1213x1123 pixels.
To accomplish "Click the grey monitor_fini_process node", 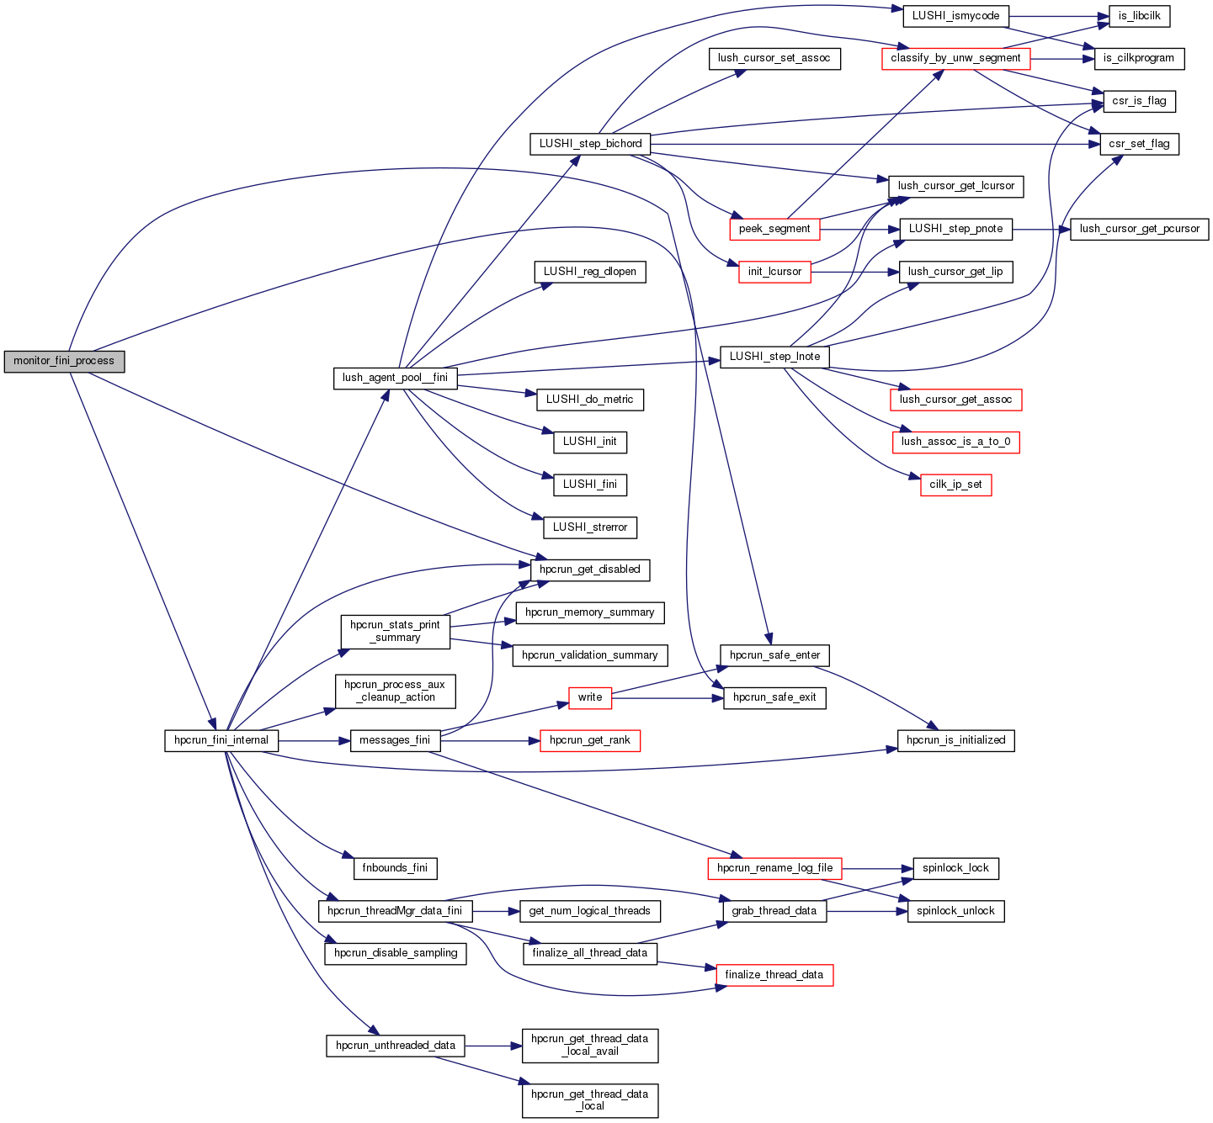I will tap(64, 362).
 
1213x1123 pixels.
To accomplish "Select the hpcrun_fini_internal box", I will tap(221, 741).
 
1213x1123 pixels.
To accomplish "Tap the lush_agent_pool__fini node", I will tap(395, 378).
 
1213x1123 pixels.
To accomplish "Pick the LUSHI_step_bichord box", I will tap(590, 144).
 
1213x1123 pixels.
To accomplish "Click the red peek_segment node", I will tap(774, 229).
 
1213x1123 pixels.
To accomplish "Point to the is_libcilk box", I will tap(1139, 16).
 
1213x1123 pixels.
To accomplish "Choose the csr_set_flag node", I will tap(1139, 144).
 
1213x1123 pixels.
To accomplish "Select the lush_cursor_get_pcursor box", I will tap(1139, 229).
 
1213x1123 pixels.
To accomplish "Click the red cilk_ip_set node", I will tap(955, 485).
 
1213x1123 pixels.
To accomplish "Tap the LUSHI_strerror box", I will tap(590, 527).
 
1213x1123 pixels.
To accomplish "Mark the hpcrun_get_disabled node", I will tap(590, 569).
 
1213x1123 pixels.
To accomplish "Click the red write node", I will tap(590, 697).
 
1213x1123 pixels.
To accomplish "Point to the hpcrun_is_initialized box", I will tap(955, 740).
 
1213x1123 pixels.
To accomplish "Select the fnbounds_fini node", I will tap(395, 868).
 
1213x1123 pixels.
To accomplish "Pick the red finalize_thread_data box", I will tap(774, 975).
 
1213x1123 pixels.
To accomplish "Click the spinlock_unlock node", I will tap(955, 911).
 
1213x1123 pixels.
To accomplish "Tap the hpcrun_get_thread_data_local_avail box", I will tap(590, 1046).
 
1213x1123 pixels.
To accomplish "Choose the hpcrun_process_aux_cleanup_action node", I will tap(395, 691).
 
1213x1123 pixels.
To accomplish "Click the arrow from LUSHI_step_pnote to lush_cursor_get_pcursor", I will tap(1041, 229).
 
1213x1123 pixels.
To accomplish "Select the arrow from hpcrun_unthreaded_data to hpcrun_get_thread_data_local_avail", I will tap(492, 1046).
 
